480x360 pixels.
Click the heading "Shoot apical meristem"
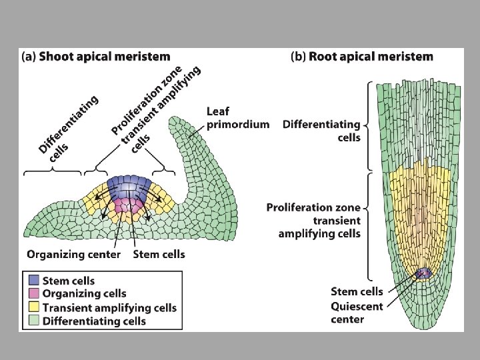[x=104, y=57]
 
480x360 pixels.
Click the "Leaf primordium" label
[x=238, y=117]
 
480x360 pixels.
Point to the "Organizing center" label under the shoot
[x=74, y=254]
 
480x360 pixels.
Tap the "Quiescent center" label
[x=347, y=313]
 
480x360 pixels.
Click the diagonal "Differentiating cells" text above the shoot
[x=67, y=127]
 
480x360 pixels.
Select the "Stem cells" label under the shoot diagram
[x=159, y=254]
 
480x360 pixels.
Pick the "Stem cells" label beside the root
[x=357, y=291]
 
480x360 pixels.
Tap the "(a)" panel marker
[x=29, y=57]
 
